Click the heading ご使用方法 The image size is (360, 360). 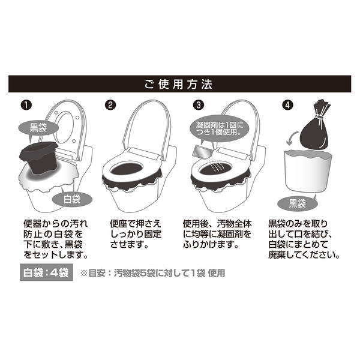click(178, 84)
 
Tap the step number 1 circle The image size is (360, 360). click(26, 105)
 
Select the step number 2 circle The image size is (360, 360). click(110, 105)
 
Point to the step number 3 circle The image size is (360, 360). click(199, 105)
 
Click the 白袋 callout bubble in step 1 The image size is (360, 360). click(72, 199)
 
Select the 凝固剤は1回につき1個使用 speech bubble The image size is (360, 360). click(220, 128)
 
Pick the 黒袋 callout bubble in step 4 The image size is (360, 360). click(298, 203)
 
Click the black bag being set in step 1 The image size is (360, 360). click(39, 157)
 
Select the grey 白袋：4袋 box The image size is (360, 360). click(46, 272)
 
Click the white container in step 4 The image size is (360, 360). click(308, 171)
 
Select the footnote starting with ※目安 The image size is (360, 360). click(152, 273)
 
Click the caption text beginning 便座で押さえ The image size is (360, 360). click(136, 234)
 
